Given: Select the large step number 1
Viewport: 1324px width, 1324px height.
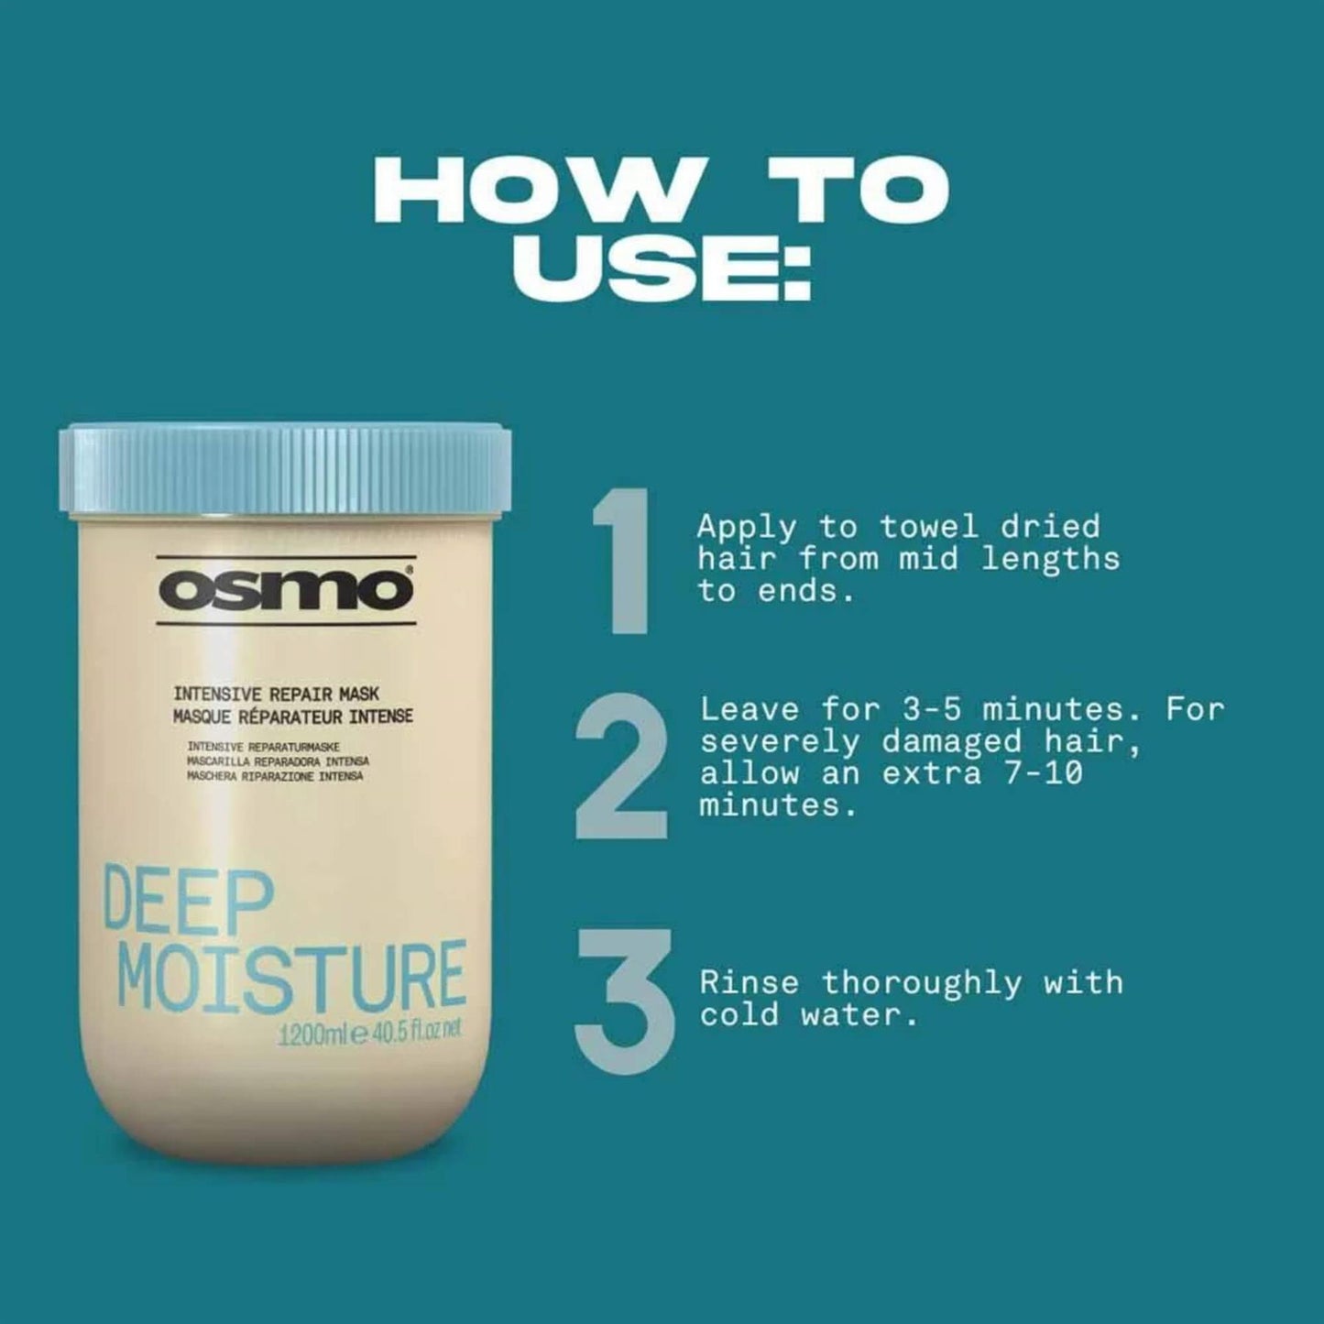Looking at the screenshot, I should click(x=624, y=560).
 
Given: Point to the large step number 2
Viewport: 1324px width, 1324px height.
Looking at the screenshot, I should click(x=621, y=768).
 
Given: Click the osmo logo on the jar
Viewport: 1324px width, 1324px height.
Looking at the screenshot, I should click(x=286, y=590).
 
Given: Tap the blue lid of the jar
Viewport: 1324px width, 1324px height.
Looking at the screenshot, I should click(x=285, y=468).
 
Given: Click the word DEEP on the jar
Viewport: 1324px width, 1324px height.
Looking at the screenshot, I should click(x=189, y=903).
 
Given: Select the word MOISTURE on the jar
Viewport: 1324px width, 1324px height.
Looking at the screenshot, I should click(x=291, y=976).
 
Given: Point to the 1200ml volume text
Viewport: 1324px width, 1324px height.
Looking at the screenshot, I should click(x=312, y=1035).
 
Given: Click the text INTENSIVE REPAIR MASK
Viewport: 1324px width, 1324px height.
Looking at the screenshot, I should click(x=276, y=695).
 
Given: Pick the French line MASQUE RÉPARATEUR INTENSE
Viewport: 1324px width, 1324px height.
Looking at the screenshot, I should click(x=293, y=716).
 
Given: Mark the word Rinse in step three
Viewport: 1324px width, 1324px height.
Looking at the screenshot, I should click(x=749, y=982).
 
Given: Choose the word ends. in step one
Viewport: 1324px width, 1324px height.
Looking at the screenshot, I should click(x=806, y=591).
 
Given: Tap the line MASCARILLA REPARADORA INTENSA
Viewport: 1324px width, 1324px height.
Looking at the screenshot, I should click(x=278, y=761).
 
